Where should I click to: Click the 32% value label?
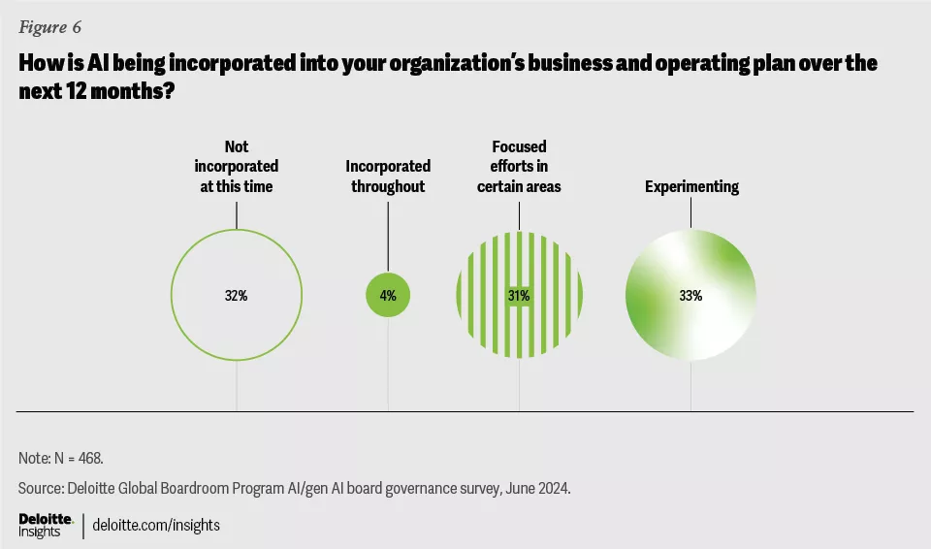coord(237,296)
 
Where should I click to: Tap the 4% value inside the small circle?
coord(388,296)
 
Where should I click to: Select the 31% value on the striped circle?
coord(519,296)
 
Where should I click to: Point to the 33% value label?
coord(690,296)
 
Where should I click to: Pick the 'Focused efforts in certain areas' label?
coord(519,166)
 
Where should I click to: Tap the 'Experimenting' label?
coord(691,186)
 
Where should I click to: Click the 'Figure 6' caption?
coord(48,27)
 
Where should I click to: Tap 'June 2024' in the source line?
coord(536,488)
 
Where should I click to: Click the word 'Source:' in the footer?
coord(42,488)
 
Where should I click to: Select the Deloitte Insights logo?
coord(46,525)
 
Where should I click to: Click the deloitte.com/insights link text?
coord(156,525)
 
